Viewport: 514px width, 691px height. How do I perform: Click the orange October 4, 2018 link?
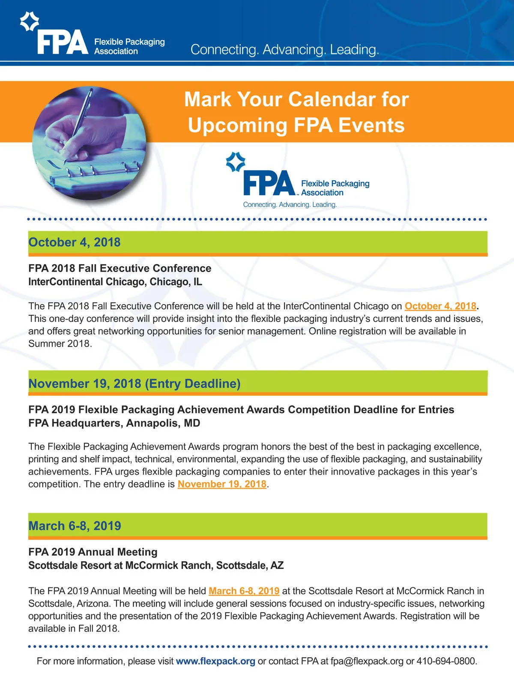click(x=440, y=306)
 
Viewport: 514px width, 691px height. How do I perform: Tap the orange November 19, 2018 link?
click(x=222, y=484)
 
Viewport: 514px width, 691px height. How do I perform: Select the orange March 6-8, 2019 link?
click(x=244, y=591)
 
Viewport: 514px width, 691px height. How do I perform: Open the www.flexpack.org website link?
click(x=215, y=661)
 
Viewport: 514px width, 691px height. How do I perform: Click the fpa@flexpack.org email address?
click(x=367, y=661)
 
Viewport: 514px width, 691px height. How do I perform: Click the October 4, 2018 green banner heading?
click(x=75, y=242)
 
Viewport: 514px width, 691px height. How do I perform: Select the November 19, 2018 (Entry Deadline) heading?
click(x=134, y=383)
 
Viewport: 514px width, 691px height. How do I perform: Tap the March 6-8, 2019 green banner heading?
click(x=75, y=526)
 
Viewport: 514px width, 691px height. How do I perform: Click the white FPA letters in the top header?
click(x=63, y=43)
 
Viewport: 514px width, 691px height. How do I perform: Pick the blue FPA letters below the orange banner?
click(x=269, y=183)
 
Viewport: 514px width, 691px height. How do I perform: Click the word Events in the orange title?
click(x=371, y=126)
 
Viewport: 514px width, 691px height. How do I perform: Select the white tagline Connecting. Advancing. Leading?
click(x=285, y=50)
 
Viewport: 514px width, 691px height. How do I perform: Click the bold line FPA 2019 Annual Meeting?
click(x=93, y=552)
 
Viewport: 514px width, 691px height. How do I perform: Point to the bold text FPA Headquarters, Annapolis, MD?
click(x=114, y=423)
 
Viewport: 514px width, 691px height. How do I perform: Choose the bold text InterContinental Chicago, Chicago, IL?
click(x=115, y=282)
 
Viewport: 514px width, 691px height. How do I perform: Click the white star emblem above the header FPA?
click(x=30, y=21)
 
